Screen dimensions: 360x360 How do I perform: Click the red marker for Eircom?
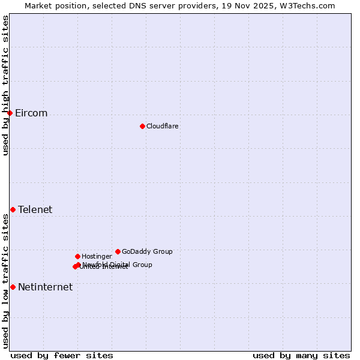10,113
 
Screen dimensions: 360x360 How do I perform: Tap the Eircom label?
31,113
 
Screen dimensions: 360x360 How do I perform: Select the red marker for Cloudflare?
142,126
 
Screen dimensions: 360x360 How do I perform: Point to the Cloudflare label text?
162,126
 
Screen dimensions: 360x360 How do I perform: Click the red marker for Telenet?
13,209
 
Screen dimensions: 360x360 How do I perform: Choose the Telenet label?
35,209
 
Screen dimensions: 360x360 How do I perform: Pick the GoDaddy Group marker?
118,251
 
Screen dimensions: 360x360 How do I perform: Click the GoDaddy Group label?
147,251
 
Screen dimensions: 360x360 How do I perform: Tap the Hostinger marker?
77,256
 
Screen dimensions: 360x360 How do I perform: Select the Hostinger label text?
97,256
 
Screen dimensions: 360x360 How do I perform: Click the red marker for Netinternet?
13,287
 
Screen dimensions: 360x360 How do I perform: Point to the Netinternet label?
45,287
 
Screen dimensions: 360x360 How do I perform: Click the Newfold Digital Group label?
118,264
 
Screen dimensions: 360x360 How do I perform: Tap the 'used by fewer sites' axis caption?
62,355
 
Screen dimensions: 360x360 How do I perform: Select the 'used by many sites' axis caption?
301,355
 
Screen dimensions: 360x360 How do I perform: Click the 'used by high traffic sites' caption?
6,85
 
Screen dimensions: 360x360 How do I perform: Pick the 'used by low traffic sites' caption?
6,281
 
